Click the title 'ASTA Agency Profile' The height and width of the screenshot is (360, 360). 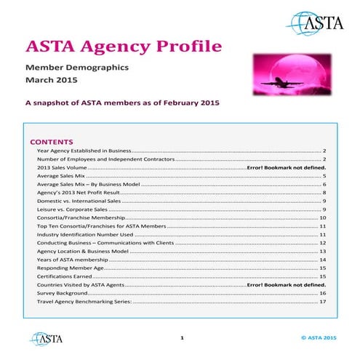tap(124, 48)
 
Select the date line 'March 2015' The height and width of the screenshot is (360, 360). tap(52, 81)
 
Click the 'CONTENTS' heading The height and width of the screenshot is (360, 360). tap(52, 141)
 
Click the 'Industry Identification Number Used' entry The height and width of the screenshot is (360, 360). tap(85, 235)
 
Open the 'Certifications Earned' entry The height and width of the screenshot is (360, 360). tap(65, 276)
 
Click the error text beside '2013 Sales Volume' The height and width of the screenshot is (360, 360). tap(286, 167)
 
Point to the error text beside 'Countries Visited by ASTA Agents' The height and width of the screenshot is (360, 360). tap(286, 284)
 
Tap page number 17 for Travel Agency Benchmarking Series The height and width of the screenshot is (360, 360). tap(322, 301)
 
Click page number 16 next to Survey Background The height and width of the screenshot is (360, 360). tap(322, 293)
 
